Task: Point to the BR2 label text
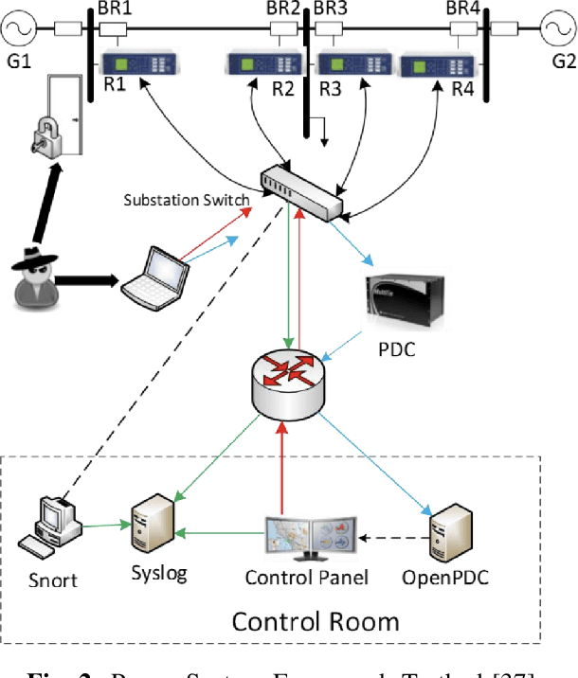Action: [x=282, y=9]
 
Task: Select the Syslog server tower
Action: [x=154, y=526]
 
